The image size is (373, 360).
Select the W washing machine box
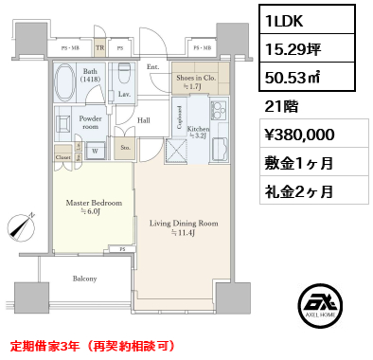coord(95,150)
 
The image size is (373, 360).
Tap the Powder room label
coord(90,122)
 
